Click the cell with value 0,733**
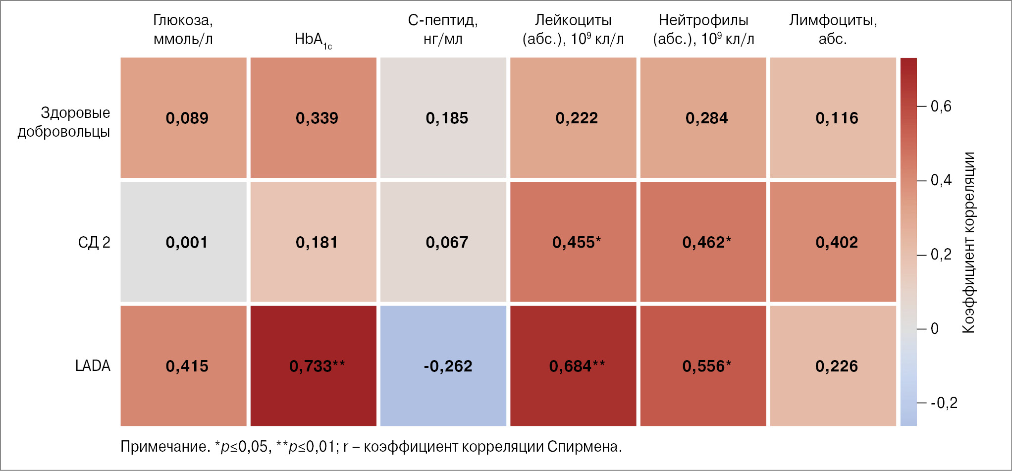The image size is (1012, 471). (313, 366)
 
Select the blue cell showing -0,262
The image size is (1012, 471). (443, 366)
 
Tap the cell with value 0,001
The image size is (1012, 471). (183, 242)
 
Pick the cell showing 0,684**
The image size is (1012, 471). (573, 366)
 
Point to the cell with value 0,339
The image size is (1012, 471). (313, 117)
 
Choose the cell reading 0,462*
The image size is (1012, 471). (703, 242)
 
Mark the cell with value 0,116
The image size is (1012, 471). (833, 117)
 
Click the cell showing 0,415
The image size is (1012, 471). (183, 366)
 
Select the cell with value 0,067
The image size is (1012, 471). (443, 242)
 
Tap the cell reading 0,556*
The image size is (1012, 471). (703, 366)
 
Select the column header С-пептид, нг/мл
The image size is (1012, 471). (443, 29)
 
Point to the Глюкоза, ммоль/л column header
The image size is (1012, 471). (183, 29)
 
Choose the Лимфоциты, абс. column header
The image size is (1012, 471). (833, 29)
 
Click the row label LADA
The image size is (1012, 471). (93, 366)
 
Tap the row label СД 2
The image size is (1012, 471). (94, 242)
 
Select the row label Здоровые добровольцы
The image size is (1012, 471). (64, 122)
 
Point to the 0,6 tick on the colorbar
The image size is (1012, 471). (941, 106)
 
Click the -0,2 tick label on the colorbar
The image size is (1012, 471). (944, 403)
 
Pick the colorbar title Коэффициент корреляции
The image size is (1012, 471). (968, 242)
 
